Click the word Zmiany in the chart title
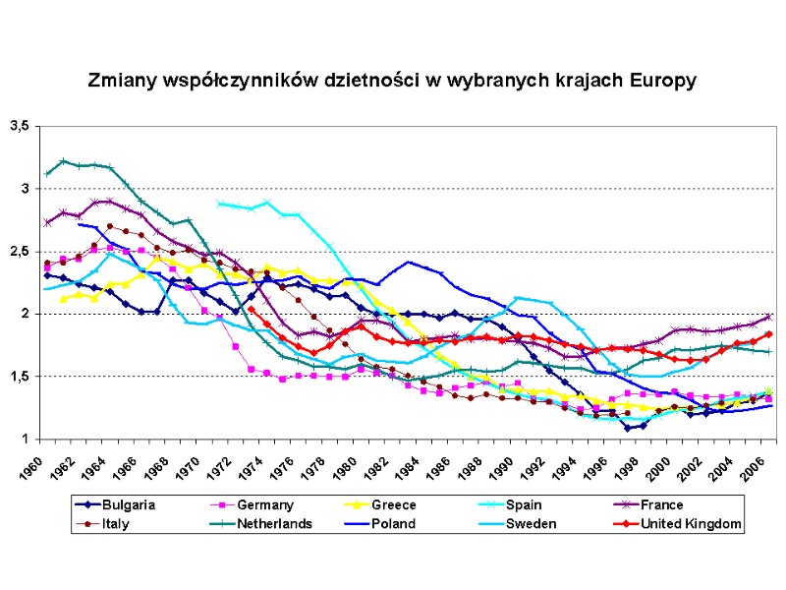coord(118,80)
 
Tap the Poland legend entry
coord(393,523)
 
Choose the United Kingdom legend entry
coord(688,523)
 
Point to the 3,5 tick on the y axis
coord(19,126)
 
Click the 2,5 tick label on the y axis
coord(19,251)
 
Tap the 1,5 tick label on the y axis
coord(19,377)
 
